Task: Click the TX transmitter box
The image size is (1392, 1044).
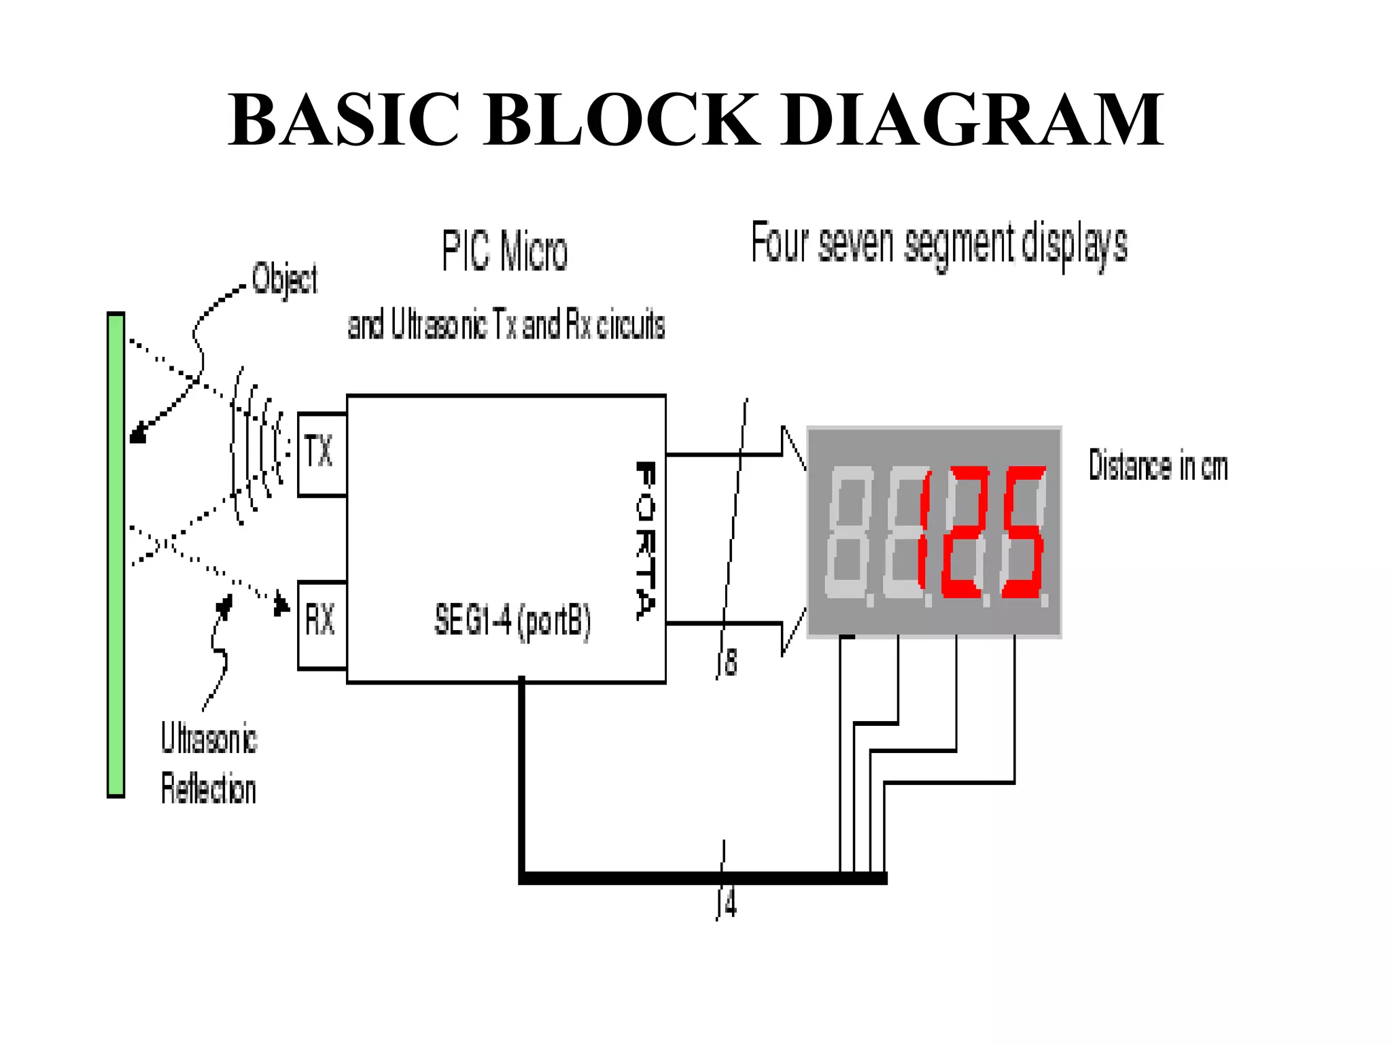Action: [x=322, y=454]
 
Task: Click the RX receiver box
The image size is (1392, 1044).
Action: [x=322, y=625]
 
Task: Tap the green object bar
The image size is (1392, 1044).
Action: [x=116, y=554]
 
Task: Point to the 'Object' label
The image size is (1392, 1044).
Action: [x=284, y=279]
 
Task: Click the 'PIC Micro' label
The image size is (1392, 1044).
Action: [x=504, y=251]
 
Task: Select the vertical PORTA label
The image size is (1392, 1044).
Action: [x=646, y=540]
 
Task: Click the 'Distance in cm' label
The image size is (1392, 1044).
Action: [x=1158, y=466]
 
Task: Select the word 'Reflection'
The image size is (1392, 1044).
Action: [x=209, y=789]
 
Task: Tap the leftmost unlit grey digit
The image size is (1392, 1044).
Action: [x=847, y=534]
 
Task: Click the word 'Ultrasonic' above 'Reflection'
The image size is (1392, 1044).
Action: [x=209, y=739]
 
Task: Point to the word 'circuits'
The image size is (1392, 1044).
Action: [x=631, y=325]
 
